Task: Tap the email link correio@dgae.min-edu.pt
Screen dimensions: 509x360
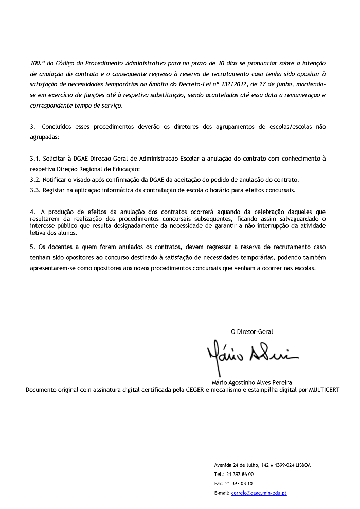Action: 259,493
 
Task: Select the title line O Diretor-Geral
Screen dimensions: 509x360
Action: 252,331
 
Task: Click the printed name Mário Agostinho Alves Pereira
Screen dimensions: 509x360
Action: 252,382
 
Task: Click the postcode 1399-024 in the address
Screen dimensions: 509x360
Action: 283,465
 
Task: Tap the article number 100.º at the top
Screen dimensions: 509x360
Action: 38,63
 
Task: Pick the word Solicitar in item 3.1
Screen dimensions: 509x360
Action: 55,159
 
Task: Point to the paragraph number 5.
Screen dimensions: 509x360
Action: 32,247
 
